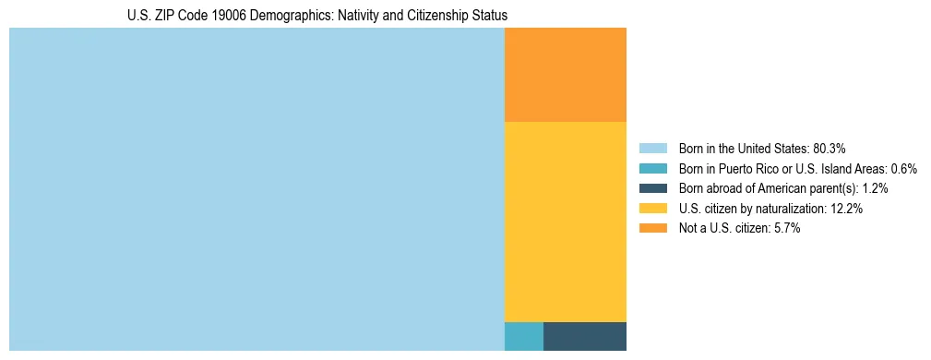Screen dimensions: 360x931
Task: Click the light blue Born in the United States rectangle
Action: click(x=257, y=189)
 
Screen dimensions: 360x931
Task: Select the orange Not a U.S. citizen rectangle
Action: click(x=566, y=75)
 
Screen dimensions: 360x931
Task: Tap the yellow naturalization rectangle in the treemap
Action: click(x=566, y=222)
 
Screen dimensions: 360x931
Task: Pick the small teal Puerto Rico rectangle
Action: click(x=524, y=336)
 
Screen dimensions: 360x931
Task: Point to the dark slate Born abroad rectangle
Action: click(x=585, y=336)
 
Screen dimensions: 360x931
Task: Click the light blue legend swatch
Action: click(x=652, y=149)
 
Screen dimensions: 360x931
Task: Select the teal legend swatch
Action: click(x=652, y=169)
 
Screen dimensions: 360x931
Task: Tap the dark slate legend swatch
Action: click(x=652, y=188)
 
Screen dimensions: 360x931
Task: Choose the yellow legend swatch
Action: click(x=652, y=209)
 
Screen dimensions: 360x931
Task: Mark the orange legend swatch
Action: click(x=652, y=228)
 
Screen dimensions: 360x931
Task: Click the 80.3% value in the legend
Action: click(x=830, y=149)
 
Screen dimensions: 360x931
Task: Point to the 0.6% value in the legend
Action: click(x=903, y=169)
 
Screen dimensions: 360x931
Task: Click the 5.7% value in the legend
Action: click(x=786, y=228)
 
